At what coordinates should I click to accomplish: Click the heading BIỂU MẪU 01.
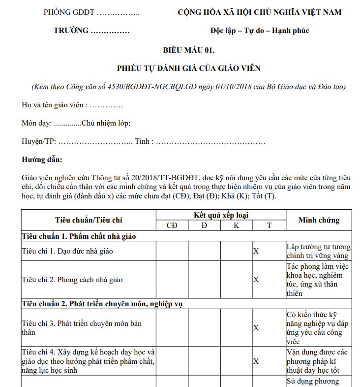click(188, 50)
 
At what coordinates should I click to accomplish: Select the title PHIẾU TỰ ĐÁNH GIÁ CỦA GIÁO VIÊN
click(188, 68)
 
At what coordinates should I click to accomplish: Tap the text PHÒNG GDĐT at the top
click(69, 12)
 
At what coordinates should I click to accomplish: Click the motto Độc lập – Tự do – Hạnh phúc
click(260, 31)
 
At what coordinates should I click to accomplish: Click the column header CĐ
click(172, 226)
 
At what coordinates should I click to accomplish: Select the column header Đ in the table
click(204, 226)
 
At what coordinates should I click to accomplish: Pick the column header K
click(237, 226)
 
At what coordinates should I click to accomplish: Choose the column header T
click(269, 226)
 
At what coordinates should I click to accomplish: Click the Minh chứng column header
click(319, 220)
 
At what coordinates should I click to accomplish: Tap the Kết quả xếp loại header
click(221, 215)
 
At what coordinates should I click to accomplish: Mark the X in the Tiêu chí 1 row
click(256, 251)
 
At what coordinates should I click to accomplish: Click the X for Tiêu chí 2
click(256, 280)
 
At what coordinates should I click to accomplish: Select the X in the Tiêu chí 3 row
click(256, 328)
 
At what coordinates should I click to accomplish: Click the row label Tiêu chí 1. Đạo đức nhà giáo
click(67, 251)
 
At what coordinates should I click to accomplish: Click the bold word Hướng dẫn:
click(42, 160)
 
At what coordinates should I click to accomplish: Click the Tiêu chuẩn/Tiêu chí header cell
click(89, 220)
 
